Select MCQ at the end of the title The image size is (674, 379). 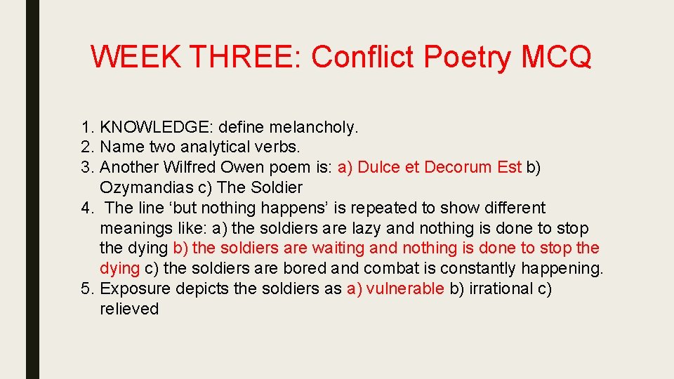coord(557,57)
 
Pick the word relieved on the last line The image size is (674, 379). coord(129,310)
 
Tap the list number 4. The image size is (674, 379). coord(85,208)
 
